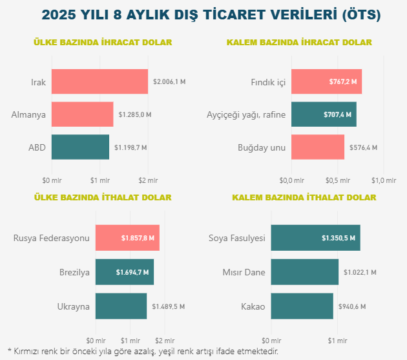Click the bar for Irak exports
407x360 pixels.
tap(99, 81)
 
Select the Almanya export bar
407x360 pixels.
tap(82, 114)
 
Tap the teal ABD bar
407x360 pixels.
tap(80, 147)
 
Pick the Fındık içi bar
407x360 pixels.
tap(326, 81)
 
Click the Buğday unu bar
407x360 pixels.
tap(318, 147)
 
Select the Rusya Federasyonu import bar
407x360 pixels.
tap(127, 238)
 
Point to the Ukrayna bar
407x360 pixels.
tap(121, 306)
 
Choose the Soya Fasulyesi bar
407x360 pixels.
tap(315, 238)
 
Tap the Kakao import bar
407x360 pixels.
tap(302, 306)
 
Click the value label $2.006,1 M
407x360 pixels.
tap(169, 82)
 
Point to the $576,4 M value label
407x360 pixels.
tap(363, 147)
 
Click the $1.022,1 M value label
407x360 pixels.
tap(360, 272)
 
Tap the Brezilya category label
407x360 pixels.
tap(74, 272)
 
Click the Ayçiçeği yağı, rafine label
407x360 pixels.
tap(245, 114)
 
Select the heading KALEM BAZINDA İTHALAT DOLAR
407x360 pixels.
tap(304, 197)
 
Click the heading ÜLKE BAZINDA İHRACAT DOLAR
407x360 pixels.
tap(103, 43)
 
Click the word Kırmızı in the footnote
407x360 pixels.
tap(29, 351)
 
